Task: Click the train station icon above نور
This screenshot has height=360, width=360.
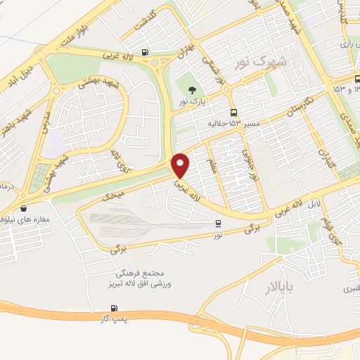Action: [218, 224]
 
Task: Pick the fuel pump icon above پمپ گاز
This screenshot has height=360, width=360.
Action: [115, 308]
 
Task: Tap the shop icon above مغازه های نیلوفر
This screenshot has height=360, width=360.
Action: [25, 208]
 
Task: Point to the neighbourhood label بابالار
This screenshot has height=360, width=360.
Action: [282, 288]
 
